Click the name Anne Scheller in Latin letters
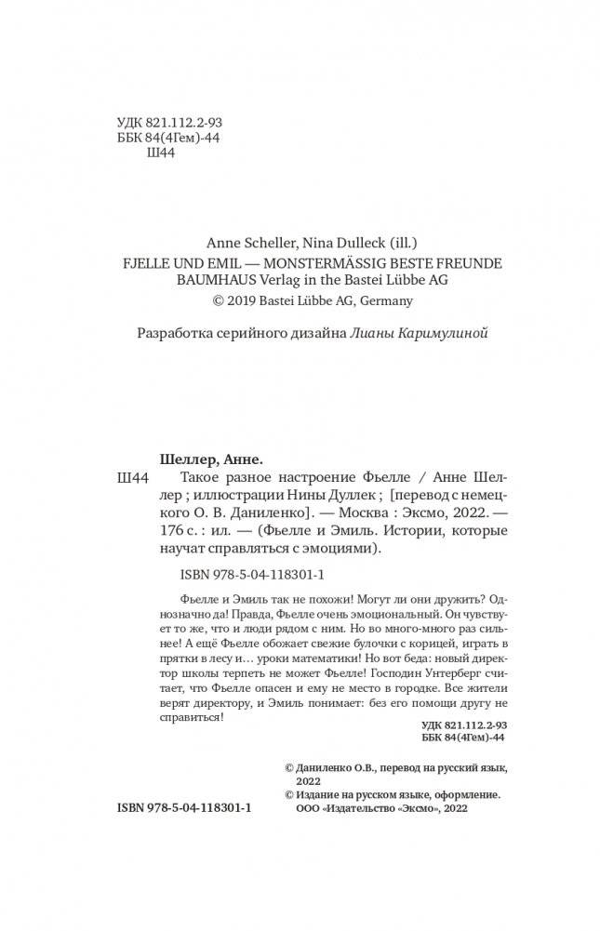[x=251, y=238]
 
